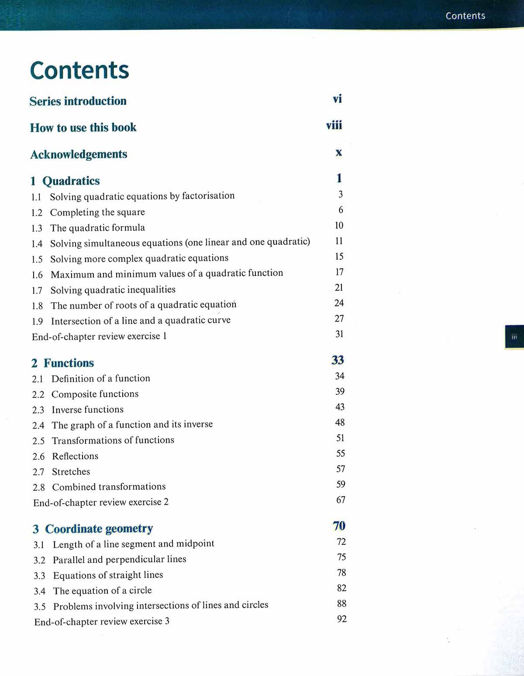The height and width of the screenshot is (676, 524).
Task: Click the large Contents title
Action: [79, 71]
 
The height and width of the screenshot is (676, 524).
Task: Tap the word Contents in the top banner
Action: [465, 16]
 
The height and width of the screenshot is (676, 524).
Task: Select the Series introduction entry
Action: [78, 101]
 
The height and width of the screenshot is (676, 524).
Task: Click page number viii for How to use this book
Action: [334, 125]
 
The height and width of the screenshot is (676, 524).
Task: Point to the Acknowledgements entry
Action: [79, 154]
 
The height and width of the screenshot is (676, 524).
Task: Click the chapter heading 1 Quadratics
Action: [65, 181]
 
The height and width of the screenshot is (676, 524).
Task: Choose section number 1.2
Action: [37, 213]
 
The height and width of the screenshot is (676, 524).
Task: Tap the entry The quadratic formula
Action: [97, 228]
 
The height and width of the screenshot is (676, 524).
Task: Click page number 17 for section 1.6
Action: [339, 272]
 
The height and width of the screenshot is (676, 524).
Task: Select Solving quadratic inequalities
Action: [113, 290]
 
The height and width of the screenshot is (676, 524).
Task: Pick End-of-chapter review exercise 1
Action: [99, 336]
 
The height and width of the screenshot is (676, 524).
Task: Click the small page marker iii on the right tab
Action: [514, 337]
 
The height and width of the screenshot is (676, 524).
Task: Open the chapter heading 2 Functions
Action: [63, 363]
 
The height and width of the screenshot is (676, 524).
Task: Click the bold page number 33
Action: [338, 360]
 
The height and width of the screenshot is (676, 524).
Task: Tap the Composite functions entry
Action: [95, 394]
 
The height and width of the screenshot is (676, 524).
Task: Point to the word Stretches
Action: [71, 471]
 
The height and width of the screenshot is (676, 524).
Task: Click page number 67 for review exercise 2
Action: [341, 500]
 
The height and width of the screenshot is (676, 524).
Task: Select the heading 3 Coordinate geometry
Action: [93, 529]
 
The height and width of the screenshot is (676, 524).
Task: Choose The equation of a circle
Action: [102, 591]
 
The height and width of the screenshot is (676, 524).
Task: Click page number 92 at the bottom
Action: [342, 619]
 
